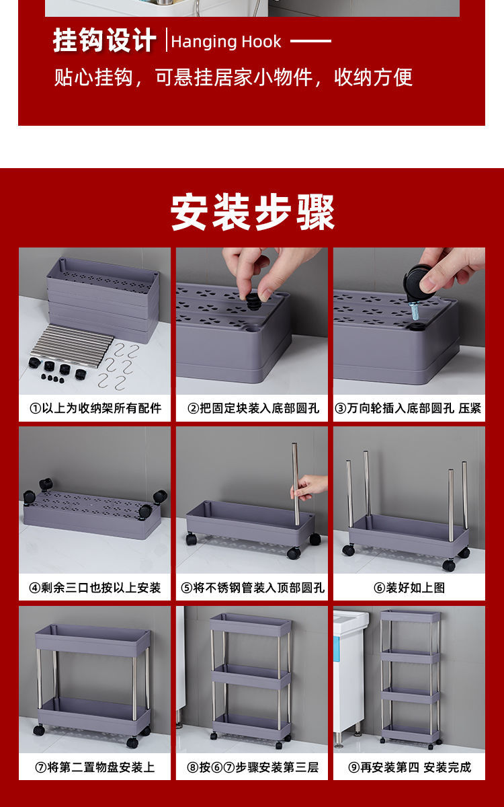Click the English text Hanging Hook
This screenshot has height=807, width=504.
coord(226,42)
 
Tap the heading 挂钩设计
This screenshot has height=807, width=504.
coord(104,40)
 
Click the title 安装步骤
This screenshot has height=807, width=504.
coord(253,212)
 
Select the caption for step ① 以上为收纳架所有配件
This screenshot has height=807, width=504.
coord(95,408)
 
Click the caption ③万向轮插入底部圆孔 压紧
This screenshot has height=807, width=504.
coord(409,408)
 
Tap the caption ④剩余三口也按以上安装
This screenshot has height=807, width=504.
coord(95,588)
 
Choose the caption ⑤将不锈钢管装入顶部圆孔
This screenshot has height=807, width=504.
coord(253,588)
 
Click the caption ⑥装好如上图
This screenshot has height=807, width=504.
coord(409,588)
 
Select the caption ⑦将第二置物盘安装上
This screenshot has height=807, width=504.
coord(95,767)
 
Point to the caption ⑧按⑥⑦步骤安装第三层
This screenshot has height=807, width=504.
coord(253,767)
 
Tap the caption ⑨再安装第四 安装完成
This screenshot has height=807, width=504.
coord(410,767)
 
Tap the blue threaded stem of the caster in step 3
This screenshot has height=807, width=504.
coord(415,311)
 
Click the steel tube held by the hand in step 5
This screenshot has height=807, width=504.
coord(296,484)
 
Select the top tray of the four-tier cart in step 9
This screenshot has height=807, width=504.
coord(411,616)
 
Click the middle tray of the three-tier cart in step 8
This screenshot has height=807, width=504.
coord(251,676)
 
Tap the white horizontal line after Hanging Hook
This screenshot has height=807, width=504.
coord(310,41)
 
